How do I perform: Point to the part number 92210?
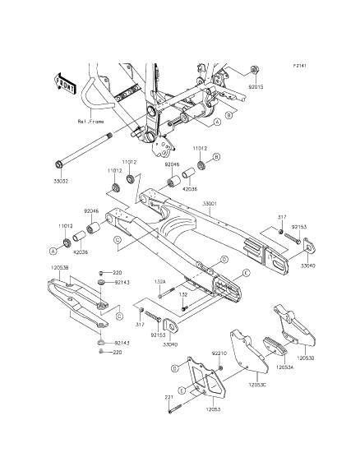point(218,353)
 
